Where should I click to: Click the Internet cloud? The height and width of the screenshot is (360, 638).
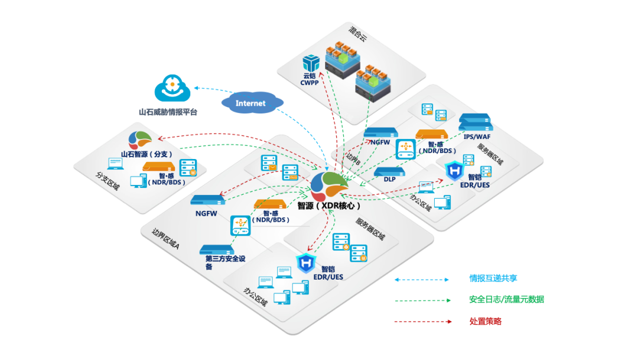click(252, 103)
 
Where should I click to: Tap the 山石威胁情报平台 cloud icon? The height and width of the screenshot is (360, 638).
click(172, 88)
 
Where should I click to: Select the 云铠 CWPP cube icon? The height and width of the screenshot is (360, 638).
click(311, 63)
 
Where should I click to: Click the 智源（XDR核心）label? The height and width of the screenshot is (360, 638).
click(329, 206)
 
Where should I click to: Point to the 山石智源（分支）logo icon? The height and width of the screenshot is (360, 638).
click(139, 140)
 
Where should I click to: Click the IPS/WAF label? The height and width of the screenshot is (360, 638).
click(477, 137)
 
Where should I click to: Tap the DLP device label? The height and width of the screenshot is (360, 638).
click(389, 179)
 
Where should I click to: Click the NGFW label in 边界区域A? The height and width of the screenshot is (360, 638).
click(206, 213)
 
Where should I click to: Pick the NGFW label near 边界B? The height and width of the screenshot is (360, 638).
click(380, 142)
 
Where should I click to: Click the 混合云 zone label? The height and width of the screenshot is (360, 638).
click(358, 34)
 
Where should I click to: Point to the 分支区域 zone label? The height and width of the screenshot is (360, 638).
click(108, 181)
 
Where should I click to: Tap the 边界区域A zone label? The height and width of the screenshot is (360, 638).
click(165, 239)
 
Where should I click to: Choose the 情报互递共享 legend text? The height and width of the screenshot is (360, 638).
click(493, 278)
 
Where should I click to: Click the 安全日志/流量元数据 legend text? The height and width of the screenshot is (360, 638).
click(507, 299)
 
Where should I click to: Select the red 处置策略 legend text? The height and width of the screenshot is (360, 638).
click(486, 322)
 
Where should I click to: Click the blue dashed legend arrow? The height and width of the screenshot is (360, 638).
click(422, 280)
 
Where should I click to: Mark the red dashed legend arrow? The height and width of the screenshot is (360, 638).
click(423, 322)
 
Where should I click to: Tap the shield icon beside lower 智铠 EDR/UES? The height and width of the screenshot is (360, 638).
click(306, 263)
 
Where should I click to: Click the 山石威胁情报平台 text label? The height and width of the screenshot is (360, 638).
click(168, 112)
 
